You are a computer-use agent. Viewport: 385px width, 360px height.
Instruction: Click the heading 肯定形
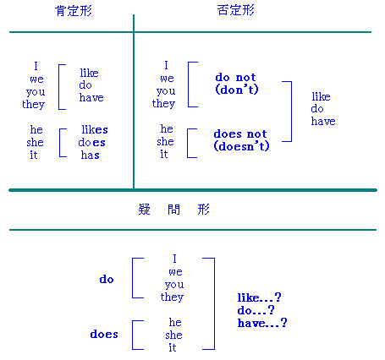74,11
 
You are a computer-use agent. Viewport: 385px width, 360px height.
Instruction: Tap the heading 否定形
236,10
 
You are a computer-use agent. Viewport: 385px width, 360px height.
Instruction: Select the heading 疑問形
173,210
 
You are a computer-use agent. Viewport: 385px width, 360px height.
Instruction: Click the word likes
95,129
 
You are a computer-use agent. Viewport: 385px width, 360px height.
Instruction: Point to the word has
91,155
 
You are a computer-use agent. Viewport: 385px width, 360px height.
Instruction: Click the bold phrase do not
235,77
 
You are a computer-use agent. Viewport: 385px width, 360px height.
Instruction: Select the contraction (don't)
237,90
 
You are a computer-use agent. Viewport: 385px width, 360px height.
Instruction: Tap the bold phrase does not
240,134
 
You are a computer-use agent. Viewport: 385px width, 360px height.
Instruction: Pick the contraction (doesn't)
241,146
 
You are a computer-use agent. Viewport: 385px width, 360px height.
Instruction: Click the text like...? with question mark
259,297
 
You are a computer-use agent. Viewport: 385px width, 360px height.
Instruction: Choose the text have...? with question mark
262,323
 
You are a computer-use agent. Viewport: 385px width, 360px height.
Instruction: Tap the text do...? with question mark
256,310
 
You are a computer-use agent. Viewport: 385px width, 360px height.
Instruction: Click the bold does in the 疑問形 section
104,335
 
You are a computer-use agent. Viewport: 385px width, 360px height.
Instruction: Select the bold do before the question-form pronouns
107,279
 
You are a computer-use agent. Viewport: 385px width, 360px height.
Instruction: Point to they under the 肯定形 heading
34,104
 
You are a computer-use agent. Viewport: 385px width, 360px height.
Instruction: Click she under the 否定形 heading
165,141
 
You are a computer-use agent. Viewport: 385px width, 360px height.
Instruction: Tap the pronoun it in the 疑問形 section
173,347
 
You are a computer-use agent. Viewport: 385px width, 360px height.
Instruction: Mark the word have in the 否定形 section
323,122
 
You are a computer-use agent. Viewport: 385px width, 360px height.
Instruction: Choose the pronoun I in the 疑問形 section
174,259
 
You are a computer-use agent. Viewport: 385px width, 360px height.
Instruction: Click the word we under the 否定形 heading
167,79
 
